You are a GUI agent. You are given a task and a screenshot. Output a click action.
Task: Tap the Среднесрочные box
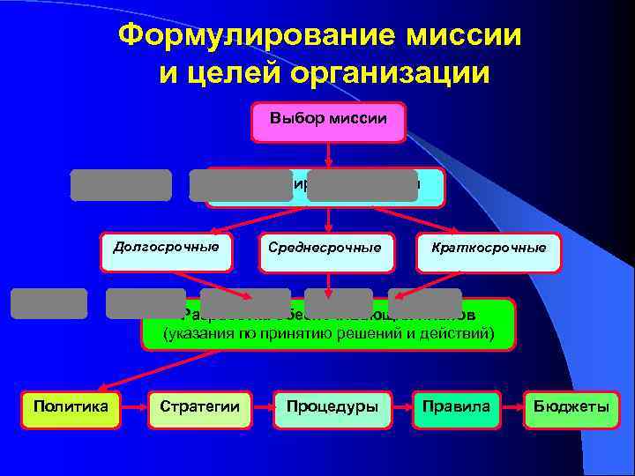click(x=325, y=251)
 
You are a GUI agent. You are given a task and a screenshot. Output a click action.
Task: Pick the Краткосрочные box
click(x=489, y=251)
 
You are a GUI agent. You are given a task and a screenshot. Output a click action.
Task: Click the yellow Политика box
click(x=71, y=409)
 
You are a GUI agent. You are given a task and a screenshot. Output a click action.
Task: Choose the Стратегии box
click(x=199, y=409)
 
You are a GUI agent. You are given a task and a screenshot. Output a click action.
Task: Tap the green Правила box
click(x=457, y=409)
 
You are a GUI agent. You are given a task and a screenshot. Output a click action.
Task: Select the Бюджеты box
click(x=571, y=409)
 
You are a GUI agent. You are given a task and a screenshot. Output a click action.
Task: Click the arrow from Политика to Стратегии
click(x=134, y=409)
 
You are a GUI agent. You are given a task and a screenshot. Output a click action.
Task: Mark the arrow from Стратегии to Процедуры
click(x=263, y=409)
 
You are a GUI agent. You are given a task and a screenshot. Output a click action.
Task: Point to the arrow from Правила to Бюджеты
click(x=511, y=409)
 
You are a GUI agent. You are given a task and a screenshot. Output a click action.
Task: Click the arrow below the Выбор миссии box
click(x=328, y=154)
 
